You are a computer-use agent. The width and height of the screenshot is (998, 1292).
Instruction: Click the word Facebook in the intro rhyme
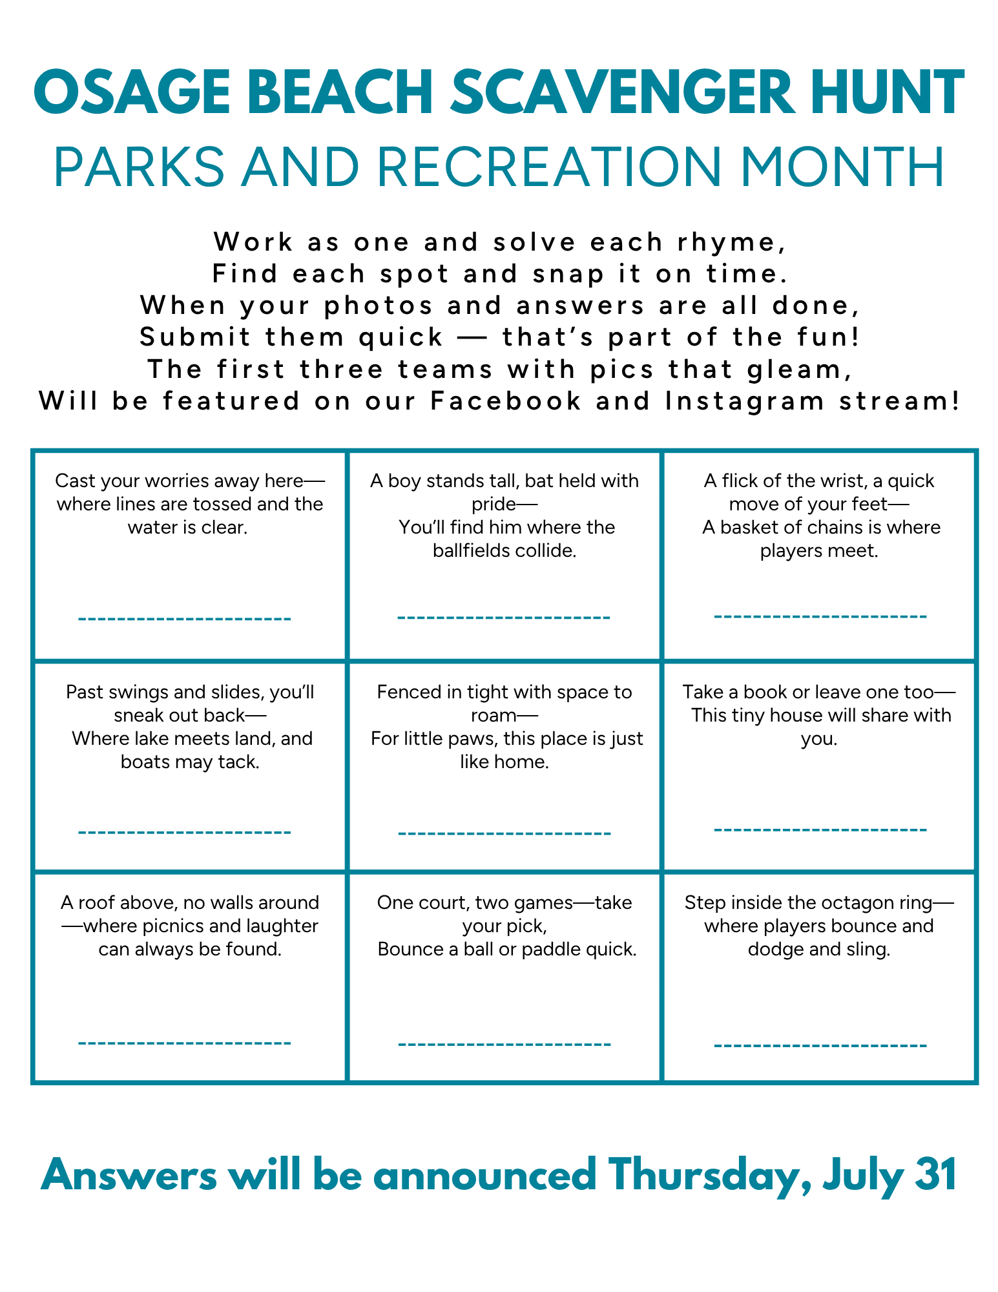(506, 401)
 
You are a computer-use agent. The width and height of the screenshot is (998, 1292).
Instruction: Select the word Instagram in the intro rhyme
(745, 401)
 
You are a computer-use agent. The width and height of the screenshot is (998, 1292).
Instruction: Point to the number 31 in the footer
(936, 1174)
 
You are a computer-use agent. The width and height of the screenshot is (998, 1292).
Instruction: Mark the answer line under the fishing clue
(185, 619)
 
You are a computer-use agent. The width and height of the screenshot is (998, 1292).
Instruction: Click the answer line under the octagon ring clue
(820, 1045)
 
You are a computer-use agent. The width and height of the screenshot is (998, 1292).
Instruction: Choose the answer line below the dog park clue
(504, 833)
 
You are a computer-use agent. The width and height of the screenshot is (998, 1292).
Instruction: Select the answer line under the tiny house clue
(820, 829)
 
